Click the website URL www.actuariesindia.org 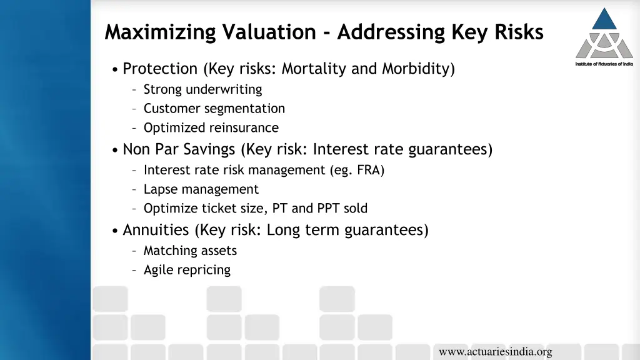pyautogui.click(x=495, y=352)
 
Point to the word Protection pyautogui.click(x=160, y=69)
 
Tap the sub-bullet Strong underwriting pyautogui.click(x=202, y=89)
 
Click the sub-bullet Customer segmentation pyautogui.click(x=214, y=109)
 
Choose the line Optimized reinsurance pyautogui.click(x=211, y=128)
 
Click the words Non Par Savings pyautogui.click(x=179, y=149)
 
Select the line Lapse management pyautogui.click(x=201, y=189)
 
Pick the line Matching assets pyautogui.click(x=190, y=251)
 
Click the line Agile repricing pyautogui.click(x=187, y=270)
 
